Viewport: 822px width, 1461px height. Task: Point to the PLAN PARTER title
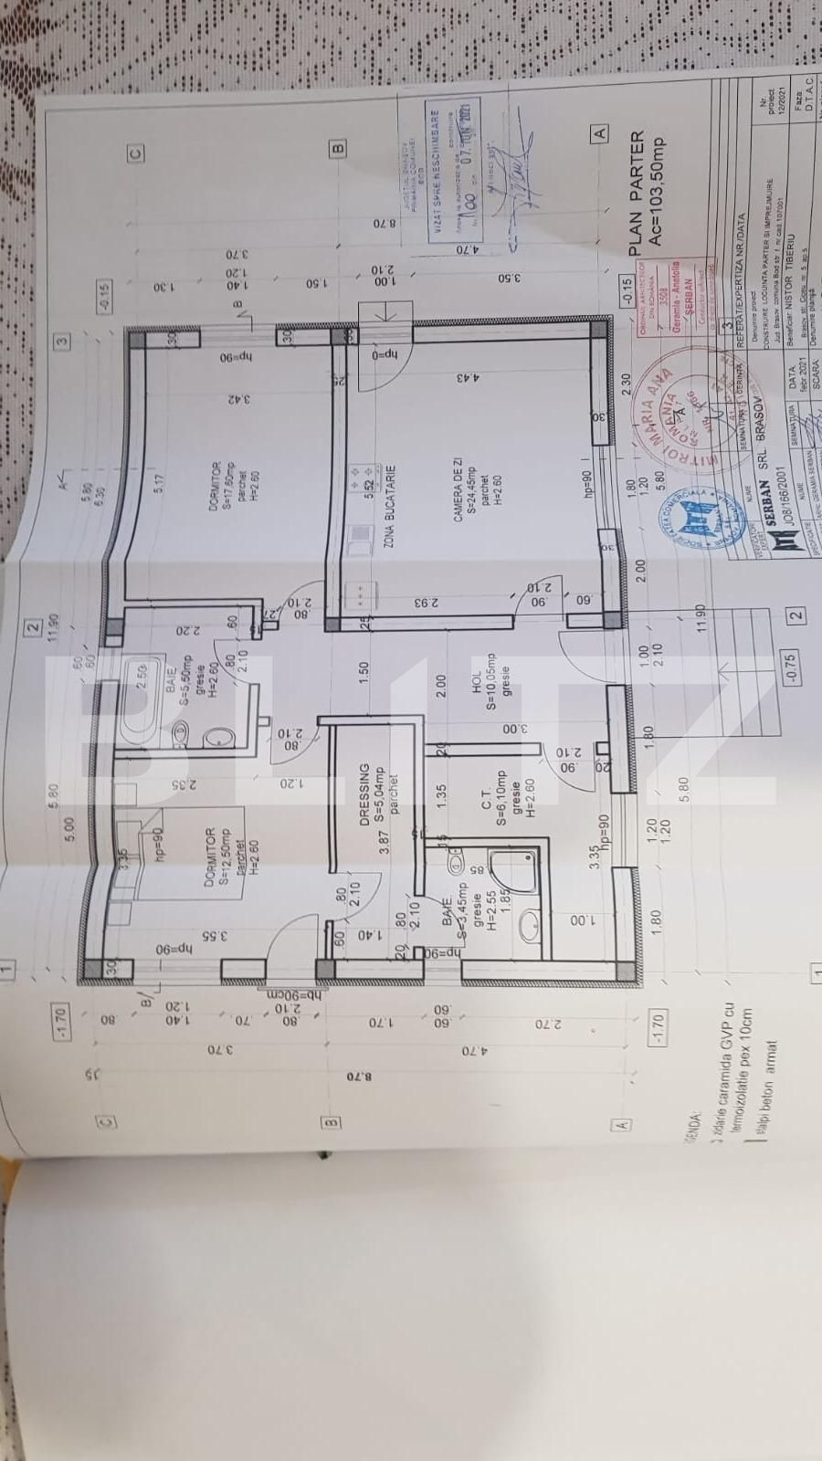pos(637,193)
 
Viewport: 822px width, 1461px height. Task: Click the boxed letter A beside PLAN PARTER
pos(600,133)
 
